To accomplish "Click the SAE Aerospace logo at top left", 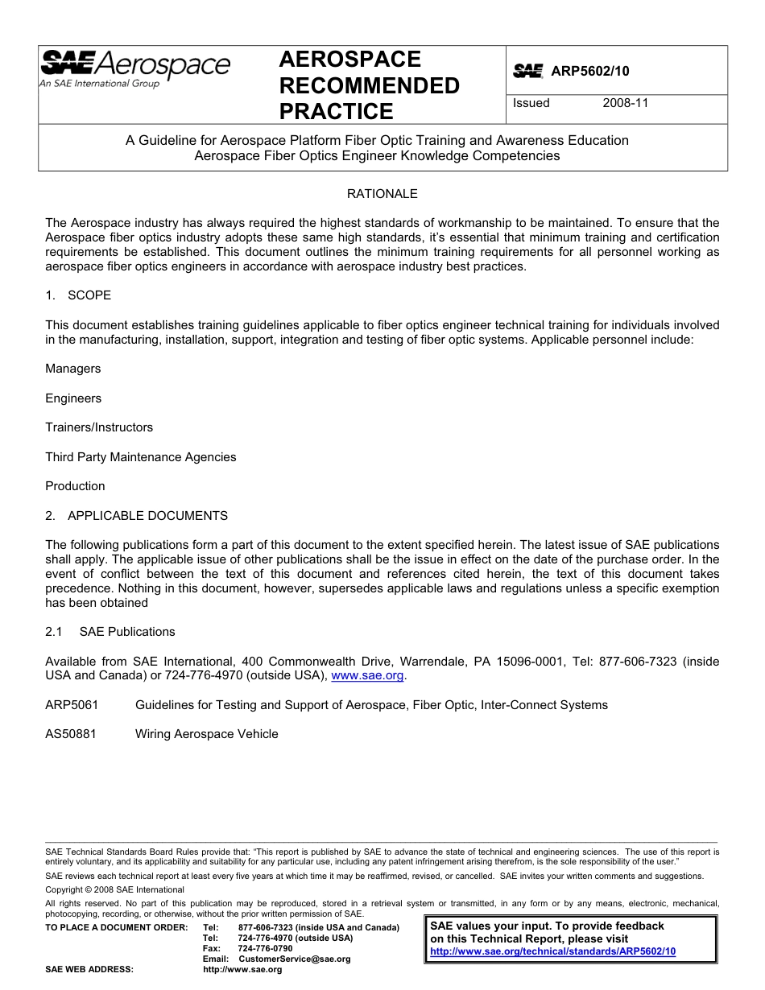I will pyautogui.click(x=134, y=68).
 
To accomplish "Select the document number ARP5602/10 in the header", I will pyautogui.click(x=589, y=71).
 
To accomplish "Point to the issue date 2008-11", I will pyautogui.click(x=625, y=103).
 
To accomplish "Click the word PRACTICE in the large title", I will pyautogui.click(x=336, y=111).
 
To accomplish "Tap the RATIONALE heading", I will pyautogui.click(x=382, y=193).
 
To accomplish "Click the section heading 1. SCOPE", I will pyautogui.click(x=78, y=295).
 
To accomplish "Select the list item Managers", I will pyautogui.click(x=73, y=369).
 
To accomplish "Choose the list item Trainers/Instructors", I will pyautogui.click(x=99, y=427).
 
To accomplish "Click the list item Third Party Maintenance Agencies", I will pyautogui.click(x=141, y=457).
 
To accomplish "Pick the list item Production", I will pyautogui.click(x=75, y=486).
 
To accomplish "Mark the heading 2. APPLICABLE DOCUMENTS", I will pyautogui.click(x=136, y=516).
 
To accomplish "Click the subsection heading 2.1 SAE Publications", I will pyautogui.click(x=110, y=632).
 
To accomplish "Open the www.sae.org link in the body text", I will pyautogui.click(x=368, y=676).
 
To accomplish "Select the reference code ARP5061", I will pyautogui.click(x=72, y=705).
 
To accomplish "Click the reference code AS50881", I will pyautogui.click(x=71, y=734).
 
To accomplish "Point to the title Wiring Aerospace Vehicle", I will pyautogui.click(x=206, y=734).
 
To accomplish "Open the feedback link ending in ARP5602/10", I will pyautogui.click(x=552, y=951).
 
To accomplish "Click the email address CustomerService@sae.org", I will pyautogui.click(x=295, y=959).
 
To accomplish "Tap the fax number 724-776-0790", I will pyautogui.click(x=266, y=948).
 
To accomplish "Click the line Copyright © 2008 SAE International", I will pyautogui.click(x=114, y=889).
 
